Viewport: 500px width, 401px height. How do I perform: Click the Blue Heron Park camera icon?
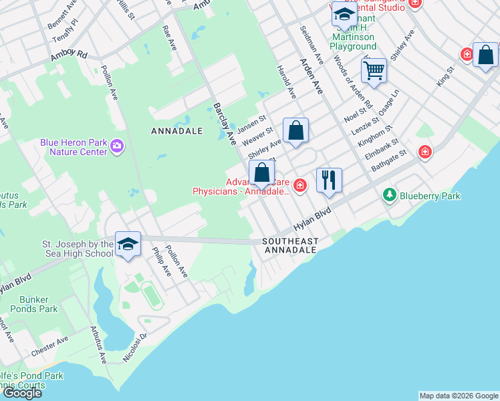pyautogui.click(x=117, y=146)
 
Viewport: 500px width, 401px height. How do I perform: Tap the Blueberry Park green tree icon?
pyautogui.click(x=390, y=195)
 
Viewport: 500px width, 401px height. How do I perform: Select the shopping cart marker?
pyautogui.click(x=374, y=70)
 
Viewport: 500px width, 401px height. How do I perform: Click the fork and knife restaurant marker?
pyautogui.click(x=328, y=180)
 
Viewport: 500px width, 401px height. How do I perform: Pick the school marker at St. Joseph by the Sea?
pyautogui.click(x=127, y=243)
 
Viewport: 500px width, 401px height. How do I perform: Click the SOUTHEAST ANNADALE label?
pyautogui.click(x=290, y=245)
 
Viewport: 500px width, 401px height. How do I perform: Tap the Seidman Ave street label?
pyautogui.click(x=311, y=45)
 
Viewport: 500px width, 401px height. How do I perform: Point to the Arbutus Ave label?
pyautogui.click(x=98, y=345)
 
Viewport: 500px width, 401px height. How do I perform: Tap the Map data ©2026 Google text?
pyautogui.click(x=459, y=396)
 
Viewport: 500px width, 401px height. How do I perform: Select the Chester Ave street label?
pyautogui.click(x=49, y=346)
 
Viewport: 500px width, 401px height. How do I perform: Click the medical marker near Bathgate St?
pyautogui.click(x=424, y=152)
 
